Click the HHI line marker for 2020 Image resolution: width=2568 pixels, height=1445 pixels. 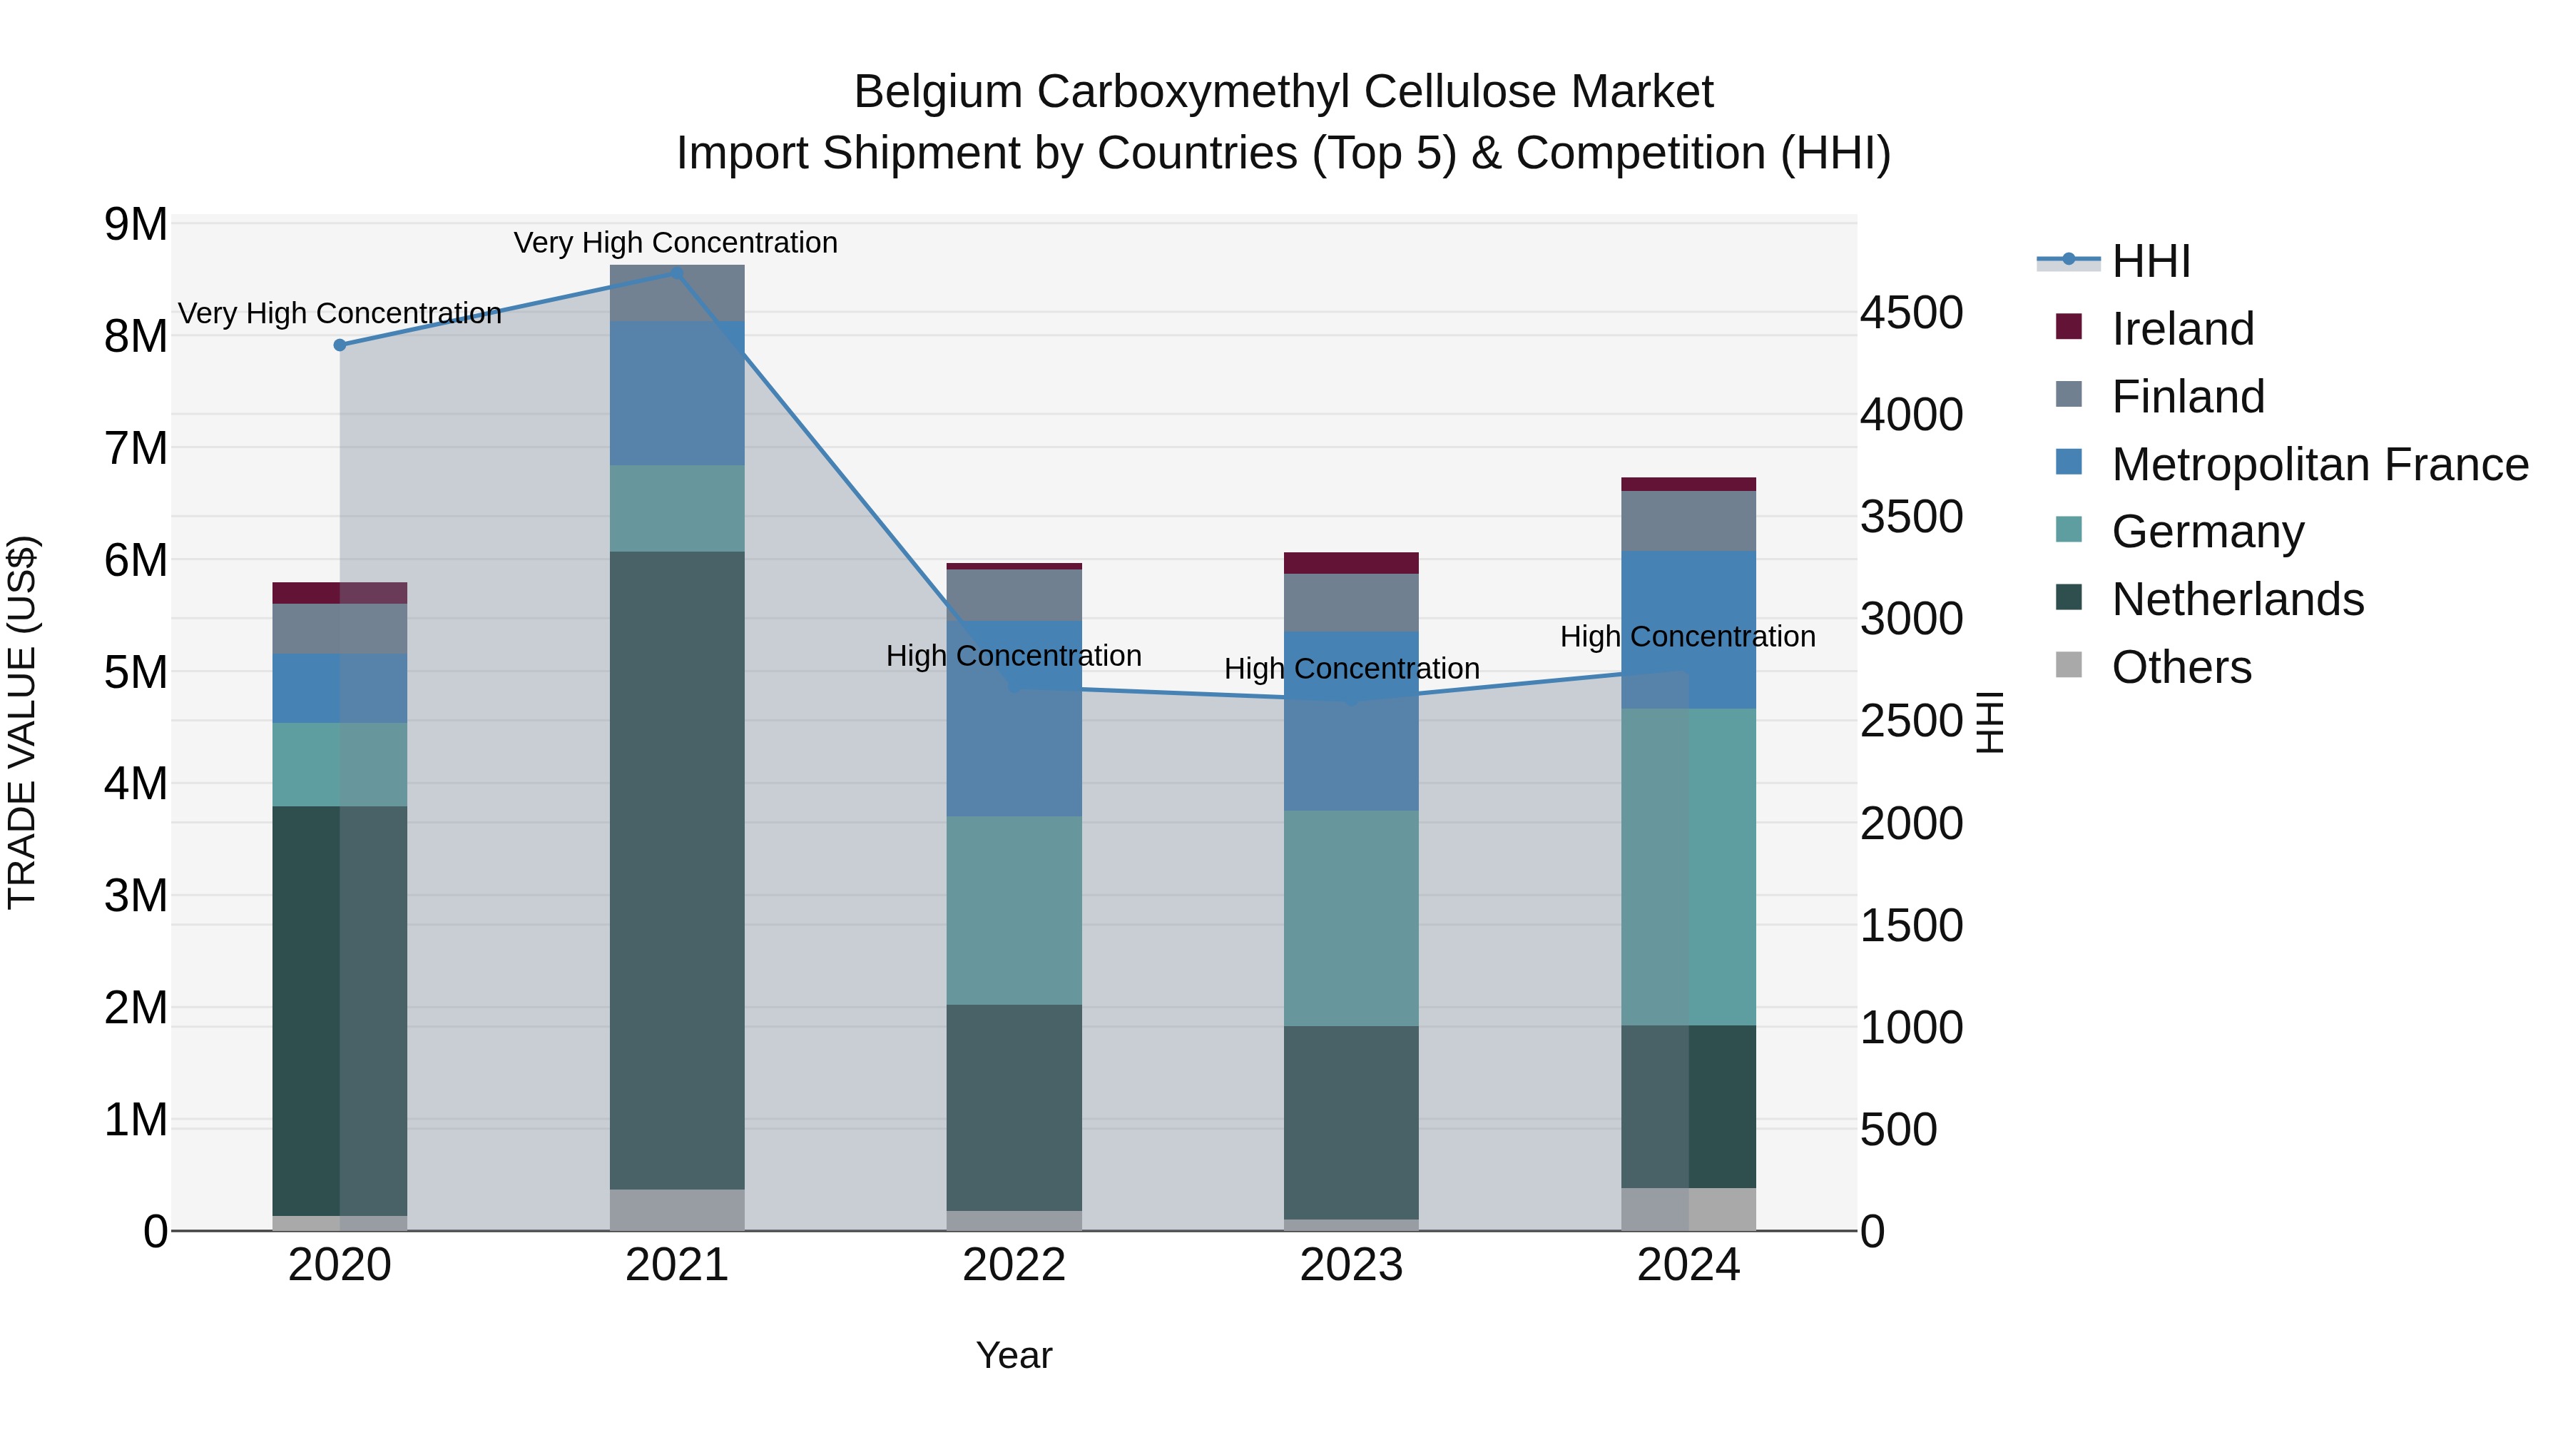pos(340,345)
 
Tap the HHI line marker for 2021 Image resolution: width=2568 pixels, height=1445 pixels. pos(677,273)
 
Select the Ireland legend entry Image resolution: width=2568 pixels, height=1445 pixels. pos(2181,329)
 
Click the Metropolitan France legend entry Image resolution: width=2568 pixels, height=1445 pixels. pos(2319,465)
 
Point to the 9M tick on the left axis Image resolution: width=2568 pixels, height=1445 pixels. pos(136,224)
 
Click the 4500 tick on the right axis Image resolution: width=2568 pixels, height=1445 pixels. pos(1911,313)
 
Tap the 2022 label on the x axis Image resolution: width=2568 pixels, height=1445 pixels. pos(1014,1265)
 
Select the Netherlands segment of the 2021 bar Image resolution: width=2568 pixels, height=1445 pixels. pos(677,870)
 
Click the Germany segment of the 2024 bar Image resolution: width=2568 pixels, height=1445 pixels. pos(1688,866)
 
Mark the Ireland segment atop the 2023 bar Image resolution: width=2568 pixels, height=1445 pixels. pos(1351,562)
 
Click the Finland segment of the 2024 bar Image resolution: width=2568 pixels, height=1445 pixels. pos(1688,521)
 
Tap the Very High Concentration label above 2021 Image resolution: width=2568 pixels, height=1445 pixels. pos(676,243)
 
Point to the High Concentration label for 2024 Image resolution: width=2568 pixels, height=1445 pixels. pos(1688,637)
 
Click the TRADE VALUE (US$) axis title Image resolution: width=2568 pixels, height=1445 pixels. pos(23,722)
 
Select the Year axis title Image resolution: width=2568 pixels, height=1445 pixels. pos(1014,1355)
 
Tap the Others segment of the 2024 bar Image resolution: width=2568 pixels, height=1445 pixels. pos(1688,1209)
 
